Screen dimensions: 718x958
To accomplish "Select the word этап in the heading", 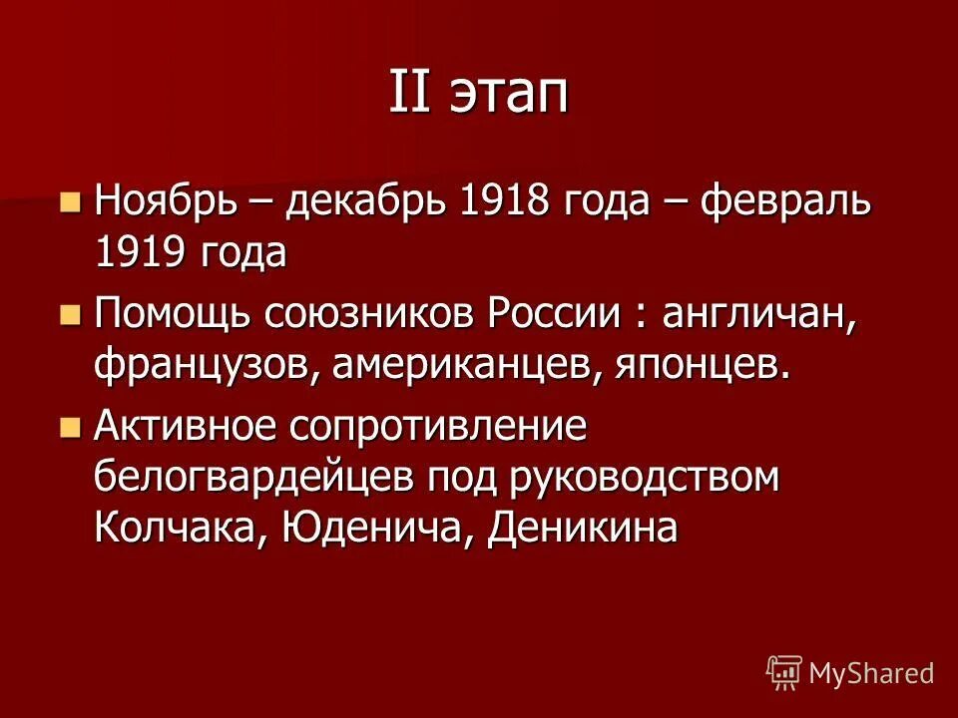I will point(510,94).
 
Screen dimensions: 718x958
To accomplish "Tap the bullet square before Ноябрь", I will point(69,203).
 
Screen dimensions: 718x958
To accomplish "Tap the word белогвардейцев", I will point(253,478).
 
